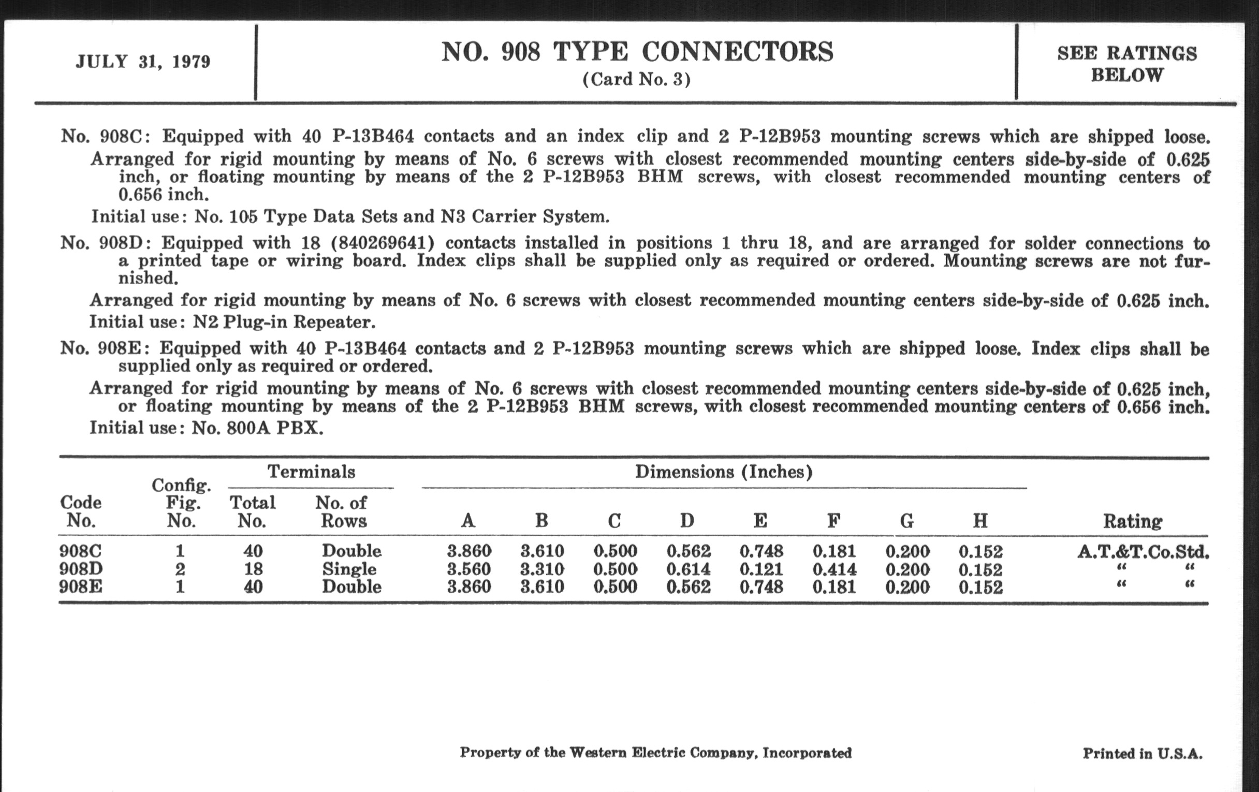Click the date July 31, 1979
[x=143, y=62]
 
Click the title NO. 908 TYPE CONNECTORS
[x=637, y=52]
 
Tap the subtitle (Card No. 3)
[x=636, y=80]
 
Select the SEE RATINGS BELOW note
[x=1126, y=64]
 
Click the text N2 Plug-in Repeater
[x=284, y=321]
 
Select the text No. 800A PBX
[x=257, y=428]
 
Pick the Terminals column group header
[x=311, y=472]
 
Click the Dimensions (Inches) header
[x=724, y=472]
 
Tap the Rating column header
[x=1133, y=521]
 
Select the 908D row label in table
[x=81, y=569]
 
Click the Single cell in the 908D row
[x=349, y=569]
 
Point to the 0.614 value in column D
[x=688, y=569]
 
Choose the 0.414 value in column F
[x=834, y=569]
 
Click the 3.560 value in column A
[x=469, y=569]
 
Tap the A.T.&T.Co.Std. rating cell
[x=1143, y=551]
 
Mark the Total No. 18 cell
[x=253, y=569]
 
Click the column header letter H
[x=980, y=521]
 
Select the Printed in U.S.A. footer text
[x=1143, y=753]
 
